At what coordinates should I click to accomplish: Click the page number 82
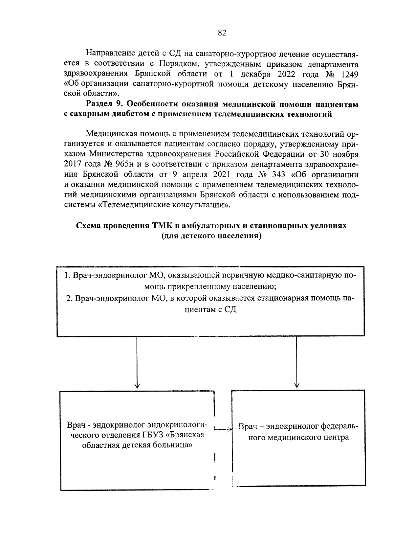coord(222,33)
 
